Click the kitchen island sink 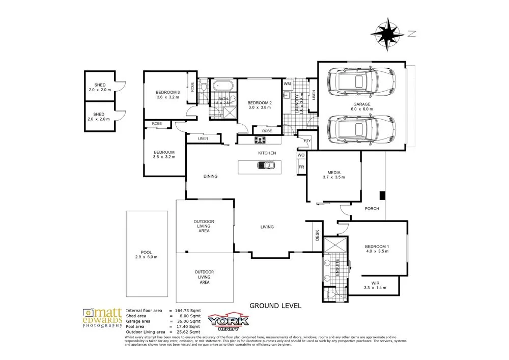point(266,165)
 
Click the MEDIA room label point(334,172)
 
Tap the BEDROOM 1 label point(378,246)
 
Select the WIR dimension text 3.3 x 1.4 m point(376,288)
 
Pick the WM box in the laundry point(287,84)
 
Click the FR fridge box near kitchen point(301,167)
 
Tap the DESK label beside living point(317,235)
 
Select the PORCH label point(372,208)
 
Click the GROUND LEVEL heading point(275,306)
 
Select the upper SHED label point(99,85)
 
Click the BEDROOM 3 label point(167,92)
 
